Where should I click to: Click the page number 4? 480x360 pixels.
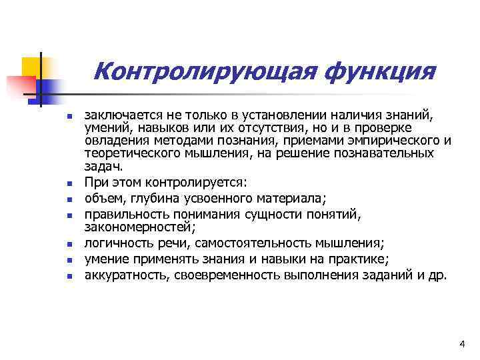click(461, 343)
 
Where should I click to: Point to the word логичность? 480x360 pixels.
click(117, 243)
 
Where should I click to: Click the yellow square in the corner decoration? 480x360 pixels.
click(31, 67)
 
